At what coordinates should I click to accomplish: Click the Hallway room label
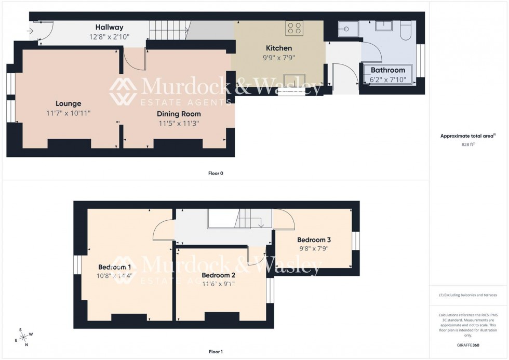point(109,28)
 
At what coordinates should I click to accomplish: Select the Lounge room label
point(69,103)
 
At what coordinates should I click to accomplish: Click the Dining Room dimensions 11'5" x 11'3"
point(179,123)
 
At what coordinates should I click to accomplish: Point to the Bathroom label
point(387,70)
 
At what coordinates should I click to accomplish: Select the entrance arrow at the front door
point(30,31)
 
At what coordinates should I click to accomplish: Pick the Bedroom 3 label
point(314,240)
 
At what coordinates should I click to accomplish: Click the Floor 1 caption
point(215,352)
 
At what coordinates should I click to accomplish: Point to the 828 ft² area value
point(468,144)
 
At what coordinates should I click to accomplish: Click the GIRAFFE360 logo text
point(468,345)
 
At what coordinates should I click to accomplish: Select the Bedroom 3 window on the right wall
point(355,241)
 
